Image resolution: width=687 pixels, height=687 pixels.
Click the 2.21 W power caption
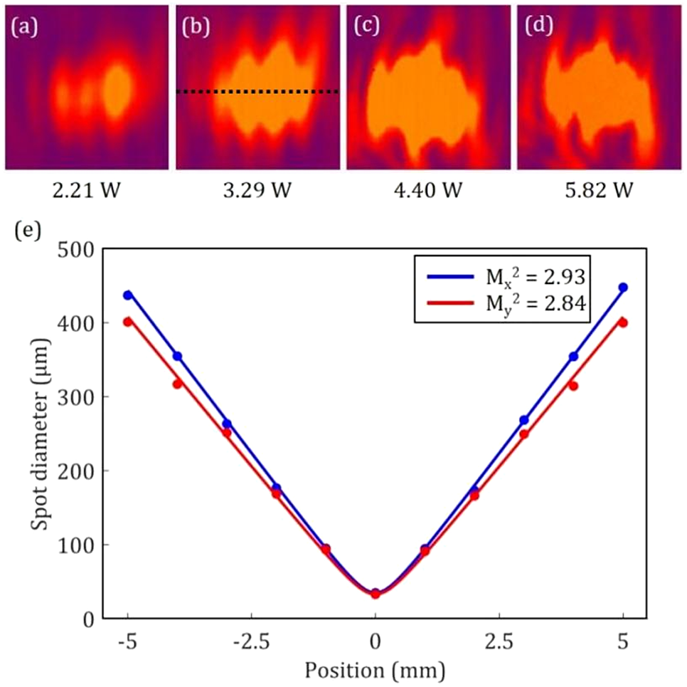pyautogui.click(x=86, y=191)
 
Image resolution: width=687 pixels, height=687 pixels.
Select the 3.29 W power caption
pyautogui.click(x=257, y=191)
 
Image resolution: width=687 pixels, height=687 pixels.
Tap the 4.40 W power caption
pyautogui.click(x=428, y=191)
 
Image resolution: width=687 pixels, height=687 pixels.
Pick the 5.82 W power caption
pyautogui.click(x=600, y=191)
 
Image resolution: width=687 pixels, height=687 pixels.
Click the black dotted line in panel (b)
pyautogui.click(x=257, y=92)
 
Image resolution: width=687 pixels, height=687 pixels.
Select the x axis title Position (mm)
pyautogui.click(x=376, y=669)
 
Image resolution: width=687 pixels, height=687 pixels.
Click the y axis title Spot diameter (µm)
pyautogui.click(x=41, y=434)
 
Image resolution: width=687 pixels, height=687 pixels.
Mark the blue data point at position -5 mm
pyautogui.click(x=127, y=295)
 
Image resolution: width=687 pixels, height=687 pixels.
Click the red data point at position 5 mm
pyautogui.click(x=623, y=322)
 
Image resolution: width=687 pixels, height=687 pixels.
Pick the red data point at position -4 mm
pyautogui.click(x=177, y=384)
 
